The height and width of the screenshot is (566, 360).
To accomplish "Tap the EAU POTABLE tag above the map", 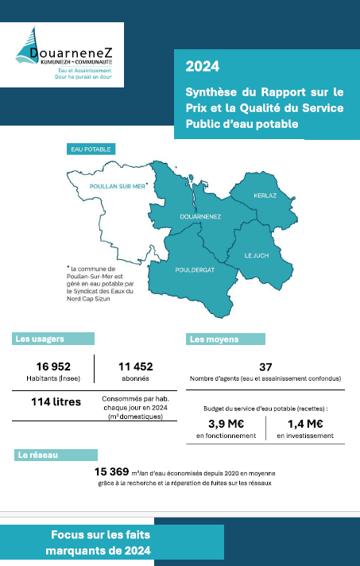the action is pyautogui.click(x=90, y=149).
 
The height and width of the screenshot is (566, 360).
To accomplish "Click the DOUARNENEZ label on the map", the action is pyautogui.click(x=200, y=215).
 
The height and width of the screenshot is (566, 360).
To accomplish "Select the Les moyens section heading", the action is pyautogui.click(x=214, y=339).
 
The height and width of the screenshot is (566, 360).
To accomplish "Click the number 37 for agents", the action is pyautogui.click(x=265, y=366).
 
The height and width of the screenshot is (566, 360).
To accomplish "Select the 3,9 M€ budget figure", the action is pyautogui.click(x=226, y=423).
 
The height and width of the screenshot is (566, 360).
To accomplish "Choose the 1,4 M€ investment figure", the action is pyautogui.click(x=304, y=423).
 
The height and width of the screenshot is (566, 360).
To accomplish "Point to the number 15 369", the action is pyautogui.click(x=118, y=471).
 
